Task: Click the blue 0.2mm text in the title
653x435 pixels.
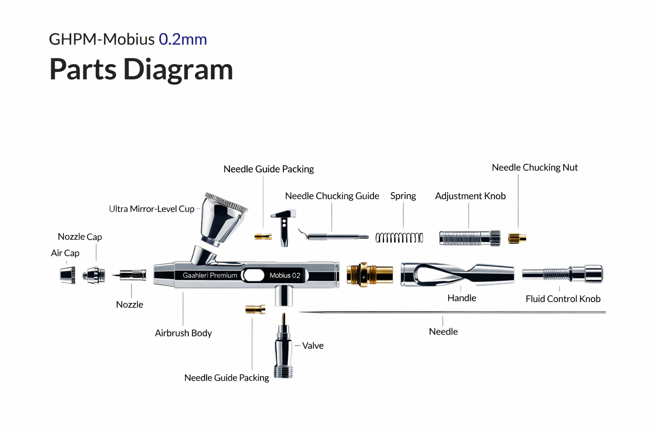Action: [183, 39]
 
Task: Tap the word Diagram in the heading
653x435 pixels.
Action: [178, 69]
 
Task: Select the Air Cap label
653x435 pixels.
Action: [65, 253]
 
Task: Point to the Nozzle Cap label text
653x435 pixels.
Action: [80, 237]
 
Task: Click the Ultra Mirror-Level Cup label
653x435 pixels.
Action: [151, 209]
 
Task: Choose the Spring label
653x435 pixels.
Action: [403, 196]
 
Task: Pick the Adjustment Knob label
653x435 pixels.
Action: [470, 196]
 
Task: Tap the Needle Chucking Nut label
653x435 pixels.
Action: [534, 167]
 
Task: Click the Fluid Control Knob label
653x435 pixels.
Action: [563, 299]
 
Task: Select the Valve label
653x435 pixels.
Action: [313, 346]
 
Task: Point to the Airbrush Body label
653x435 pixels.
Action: [183, 333]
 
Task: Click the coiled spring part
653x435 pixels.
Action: [399, 237]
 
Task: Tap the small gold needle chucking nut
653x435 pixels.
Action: [517, 238]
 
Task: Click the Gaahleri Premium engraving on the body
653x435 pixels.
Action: [210, 275]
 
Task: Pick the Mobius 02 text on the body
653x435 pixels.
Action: [285, 275]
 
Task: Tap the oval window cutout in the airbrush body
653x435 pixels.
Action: [254, 275]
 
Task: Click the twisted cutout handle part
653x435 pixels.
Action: [457, 274]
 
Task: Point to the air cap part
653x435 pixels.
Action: [68, 275]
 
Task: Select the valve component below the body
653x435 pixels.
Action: [283, 348]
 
